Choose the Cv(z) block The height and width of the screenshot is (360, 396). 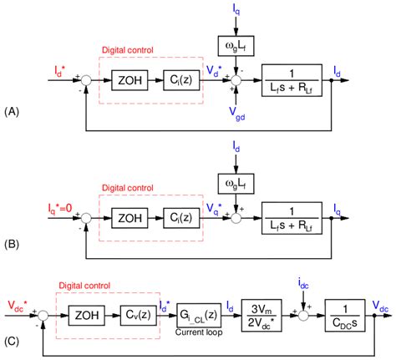click(132, 315)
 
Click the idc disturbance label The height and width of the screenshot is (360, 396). click(302, 276)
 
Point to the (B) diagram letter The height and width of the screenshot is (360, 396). click(12, 246)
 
